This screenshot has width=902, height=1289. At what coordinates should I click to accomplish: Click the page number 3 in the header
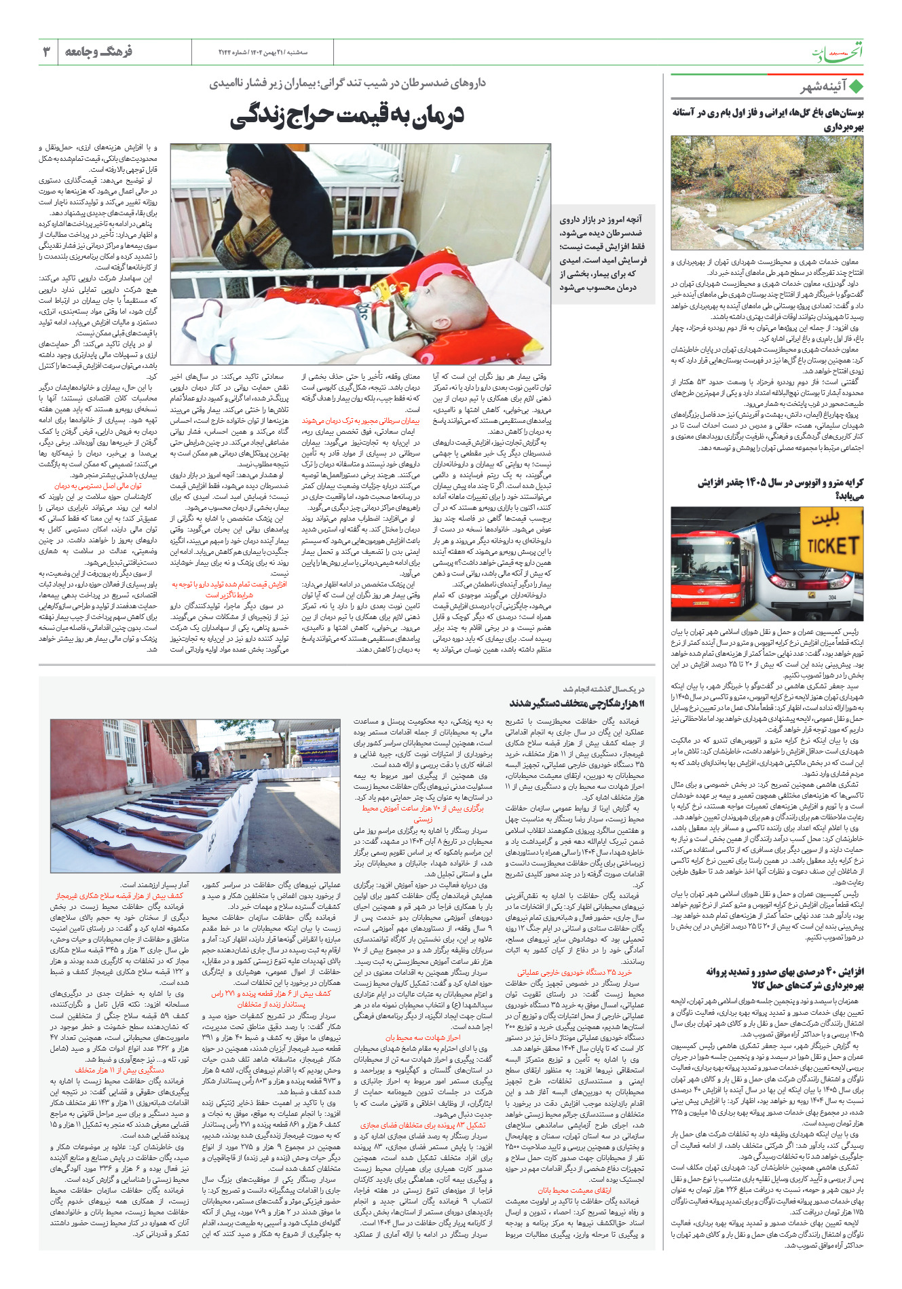coord(46,52)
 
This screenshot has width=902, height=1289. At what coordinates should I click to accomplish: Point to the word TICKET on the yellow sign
coord(833,545)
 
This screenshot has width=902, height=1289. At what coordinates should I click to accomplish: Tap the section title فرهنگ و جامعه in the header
coord(98,52)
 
